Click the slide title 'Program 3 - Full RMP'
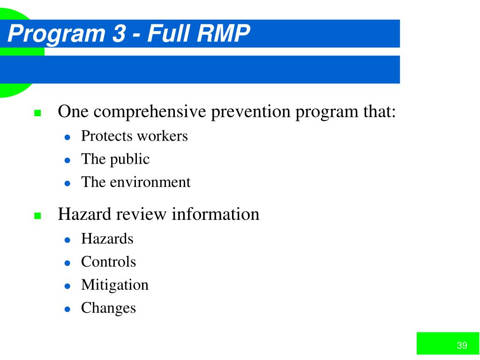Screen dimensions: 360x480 click(129, 34)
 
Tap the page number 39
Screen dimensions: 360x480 click(462, 345)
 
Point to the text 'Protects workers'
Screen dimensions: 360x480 click(134, 136)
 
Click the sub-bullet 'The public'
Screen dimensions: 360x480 click(115, 159)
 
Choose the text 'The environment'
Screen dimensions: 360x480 click(136, 182)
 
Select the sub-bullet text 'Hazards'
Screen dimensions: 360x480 click(107, 239)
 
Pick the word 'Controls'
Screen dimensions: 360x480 click(108, 262)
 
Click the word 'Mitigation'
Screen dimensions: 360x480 click(115, 285)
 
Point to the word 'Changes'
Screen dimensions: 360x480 click(108, 308)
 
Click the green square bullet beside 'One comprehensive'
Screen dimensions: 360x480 click(38, 113)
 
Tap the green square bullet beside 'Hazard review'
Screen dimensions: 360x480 click(38, 216)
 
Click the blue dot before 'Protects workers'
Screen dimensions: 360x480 click(67, 137)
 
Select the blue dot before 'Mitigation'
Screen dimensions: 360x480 click(67, 286)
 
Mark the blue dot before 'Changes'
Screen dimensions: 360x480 click(67, 309)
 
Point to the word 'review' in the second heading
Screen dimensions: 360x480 click(141, 214)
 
